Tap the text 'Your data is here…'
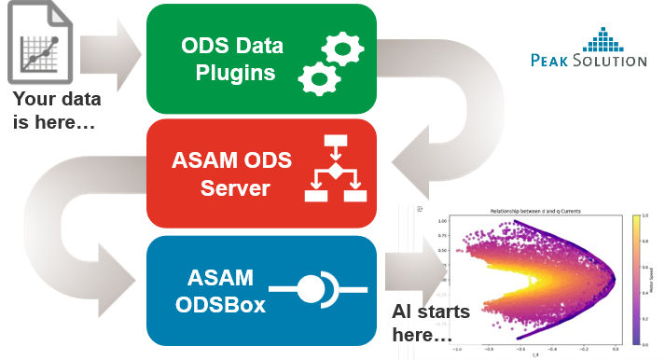57,110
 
